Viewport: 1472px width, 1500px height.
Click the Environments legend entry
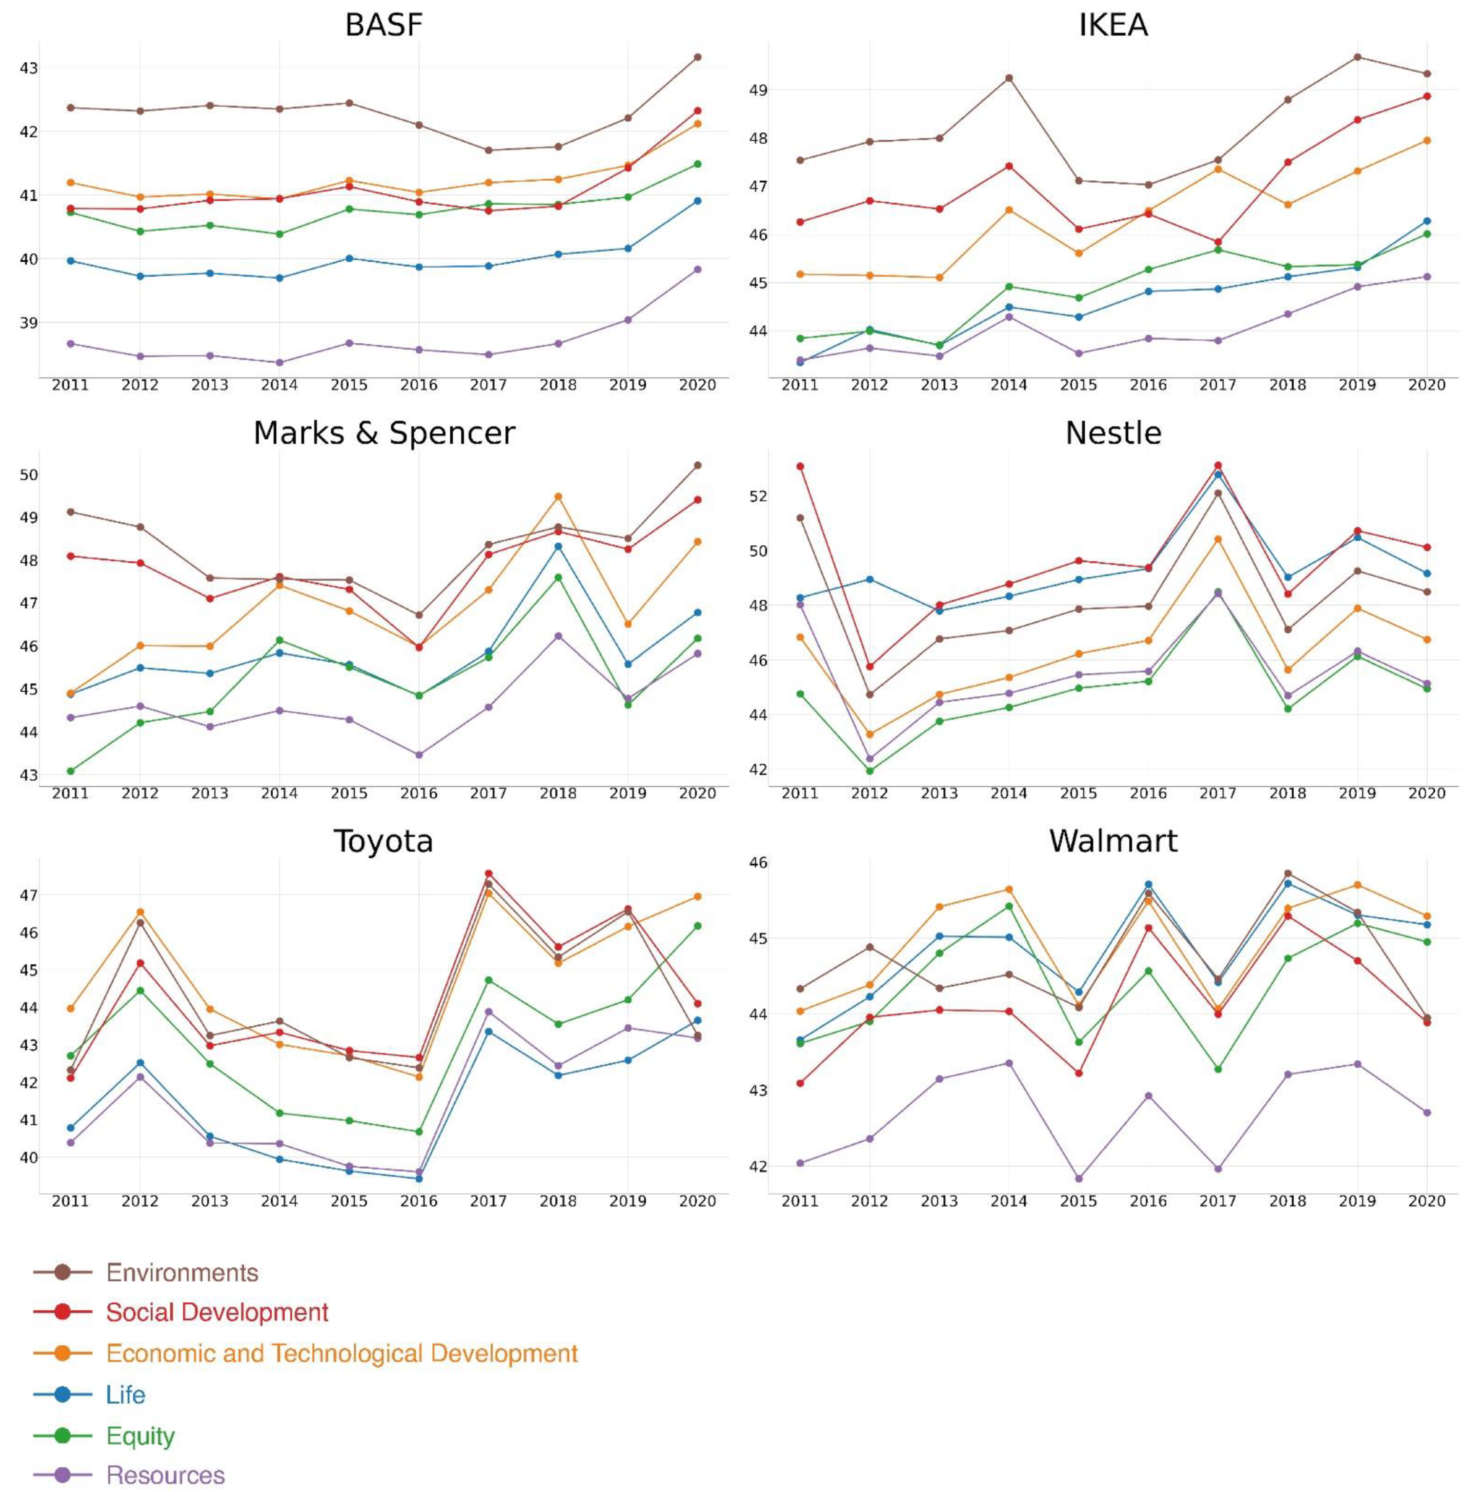tap(182, 1273)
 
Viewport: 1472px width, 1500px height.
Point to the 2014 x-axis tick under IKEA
tap(1009, 385)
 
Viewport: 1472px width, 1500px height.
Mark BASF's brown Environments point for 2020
tap(698, 57)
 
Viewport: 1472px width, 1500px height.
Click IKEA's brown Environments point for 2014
tap(1009, 78)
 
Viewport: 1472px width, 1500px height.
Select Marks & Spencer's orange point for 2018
tap(558, 497)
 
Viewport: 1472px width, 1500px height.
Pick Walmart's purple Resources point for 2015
tap(1078, 1179)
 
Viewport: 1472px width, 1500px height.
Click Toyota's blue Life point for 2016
tap(419, 1179)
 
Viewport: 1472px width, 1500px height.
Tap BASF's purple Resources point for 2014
tap(279, 362)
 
